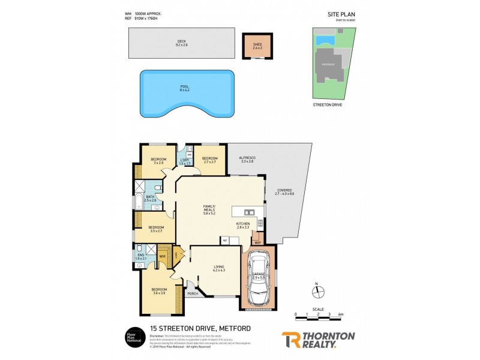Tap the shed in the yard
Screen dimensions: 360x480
[x=257, y=46]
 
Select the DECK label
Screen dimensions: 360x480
[x=182, y=41]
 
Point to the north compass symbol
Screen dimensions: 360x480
[x=317, y=292]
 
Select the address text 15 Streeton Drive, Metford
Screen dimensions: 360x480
[x=200, y=328]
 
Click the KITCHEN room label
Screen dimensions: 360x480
[x=242, y=223]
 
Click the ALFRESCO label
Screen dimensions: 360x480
[x=247, y=158]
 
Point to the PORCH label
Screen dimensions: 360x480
[x=193, y=293]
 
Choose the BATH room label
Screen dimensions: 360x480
[x=150, y=197]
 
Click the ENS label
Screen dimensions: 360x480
[x=140, y=256]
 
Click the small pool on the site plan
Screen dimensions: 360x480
[x=325, y=41]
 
